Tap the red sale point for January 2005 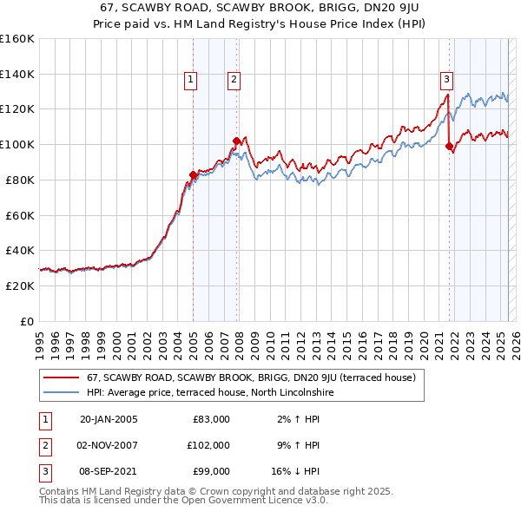pos(193,175)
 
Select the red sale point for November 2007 pos(236,141)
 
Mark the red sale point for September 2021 pos(449,147)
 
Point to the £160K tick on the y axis pos(17,39)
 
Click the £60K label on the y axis pos(20,215)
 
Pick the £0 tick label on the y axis pos(26,321)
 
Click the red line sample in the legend pos(62,377)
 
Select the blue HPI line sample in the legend pos(62,392)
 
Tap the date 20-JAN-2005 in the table pos(109,419)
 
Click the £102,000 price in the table pos(208,444)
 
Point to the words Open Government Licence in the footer pos(238,501)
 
